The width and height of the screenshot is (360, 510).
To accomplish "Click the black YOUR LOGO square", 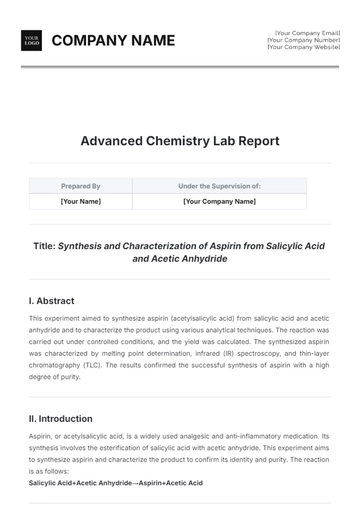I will click(x=31, y=40).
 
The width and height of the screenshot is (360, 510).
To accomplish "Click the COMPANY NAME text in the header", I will click(x=113, y=40).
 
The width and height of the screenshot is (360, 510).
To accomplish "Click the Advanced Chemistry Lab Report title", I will click(x=180, y=141).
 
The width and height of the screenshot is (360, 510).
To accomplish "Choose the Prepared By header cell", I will click(x=81, y=186).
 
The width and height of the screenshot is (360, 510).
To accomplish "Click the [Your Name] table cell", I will click(x=81, y=201).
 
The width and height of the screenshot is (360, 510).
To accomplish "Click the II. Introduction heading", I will click(x=61, y=419).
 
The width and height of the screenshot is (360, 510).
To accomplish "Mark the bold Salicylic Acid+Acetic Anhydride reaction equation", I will click(x=116, y=483).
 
